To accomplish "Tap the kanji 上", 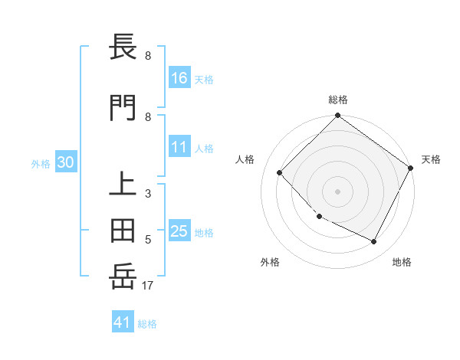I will click(x=125, y=184).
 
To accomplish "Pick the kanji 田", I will click(x=125, y=229).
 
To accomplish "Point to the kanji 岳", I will click(x=125, y=275).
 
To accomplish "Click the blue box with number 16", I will click(x=179, y=78).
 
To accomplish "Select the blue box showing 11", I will click(x=179, y=148).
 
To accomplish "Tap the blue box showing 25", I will click(x=179, y=232).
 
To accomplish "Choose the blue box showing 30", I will click(x=65, y=162).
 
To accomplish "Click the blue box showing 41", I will click(x=123, y=322).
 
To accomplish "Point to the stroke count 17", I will click(x=148, y=286).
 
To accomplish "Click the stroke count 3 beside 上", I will click(x=148, y=194).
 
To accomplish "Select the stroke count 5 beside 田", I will click(x=148, y=240).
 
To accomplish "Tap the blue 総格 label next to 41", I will click(x=147, y=324).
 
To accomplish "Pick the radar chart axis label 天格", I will click(x=431, y=159).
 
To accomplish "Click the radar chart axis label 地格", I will click(x=402, y=262).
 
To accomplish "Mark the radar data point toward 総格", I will click(x=337, y=116).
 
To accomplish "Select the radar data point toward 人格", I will click(x=280, y=173).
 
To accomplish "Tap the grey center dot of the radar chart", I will click(x=337, y=191).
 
